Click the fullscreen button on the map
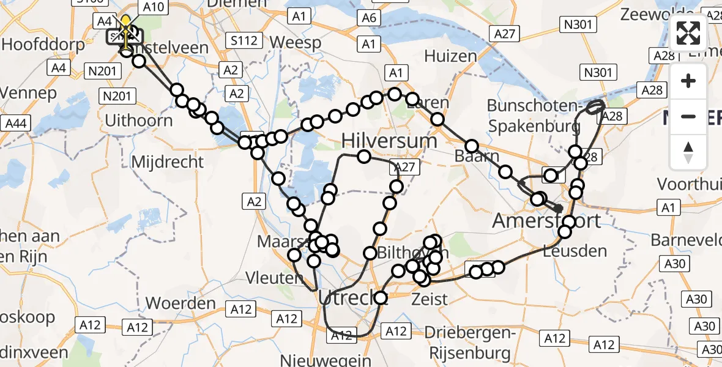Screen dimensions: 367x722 [688, 33]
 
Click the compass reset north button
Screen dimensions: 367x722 [688, 152]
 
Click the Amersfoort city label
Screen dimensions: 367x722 [546, 220]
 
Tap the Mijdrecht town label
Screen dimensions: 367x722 [168, 162]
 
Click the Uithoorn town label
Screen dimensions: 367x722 [139, 120]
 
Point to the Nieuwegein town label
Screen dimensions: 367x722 [326, 360]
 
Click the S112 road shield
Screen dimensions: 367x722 [244, 41]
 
